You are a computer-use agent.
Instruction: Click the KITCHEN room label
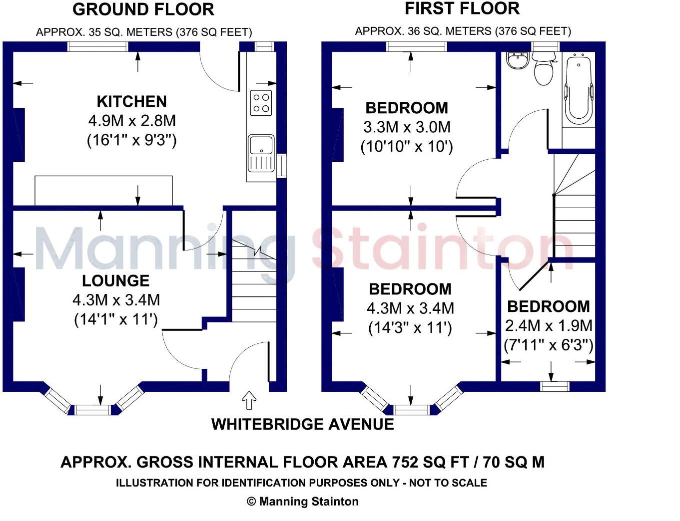[131, 102]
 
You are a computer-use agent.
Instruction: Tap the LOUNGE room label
[116, 280]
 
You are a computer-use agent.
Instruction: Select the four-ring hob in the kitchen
[261, 103]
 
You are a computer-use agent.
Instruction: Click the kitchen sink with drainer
[261, 154]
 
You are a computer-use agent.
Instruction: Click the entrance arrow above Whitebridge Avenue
[249, 400]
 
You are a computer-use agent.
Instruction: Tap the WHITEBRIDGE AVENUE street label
[303, 424]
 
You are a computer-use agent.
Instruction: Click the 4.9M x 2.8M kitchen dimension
[132, 121]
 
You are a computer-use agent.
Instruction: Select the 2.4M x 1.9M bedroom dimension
[549, 326]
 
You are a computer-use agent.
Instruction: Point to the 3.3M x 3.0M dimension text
[407, 127]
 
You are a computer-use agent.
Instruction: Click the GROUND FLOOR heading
[143, 9]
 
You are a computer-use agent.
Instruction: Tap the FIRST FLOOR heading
[462, 8]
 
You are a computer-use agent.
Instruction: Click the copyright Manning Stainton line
[303, 502]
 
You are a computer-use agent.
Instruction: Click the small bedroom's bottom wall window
[555, 387]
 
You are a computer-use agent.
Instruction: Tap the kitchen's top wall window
[98, 46]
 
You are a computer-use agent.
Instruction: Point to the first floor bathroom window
[546, 46]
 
